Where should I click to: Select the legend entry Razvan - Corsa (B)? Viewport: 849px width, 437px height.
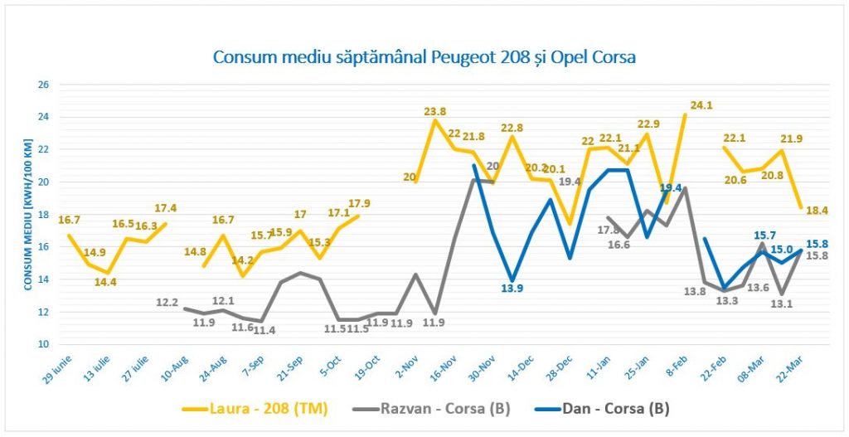[445, 408]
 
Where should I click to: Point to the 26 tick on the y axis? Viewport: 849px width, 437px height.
[44, 85]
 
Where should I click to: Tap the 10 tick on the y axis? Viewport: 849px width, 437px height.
[44, 344]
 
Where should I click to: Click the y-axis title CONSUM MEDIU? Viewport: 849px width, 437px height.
[27, 214]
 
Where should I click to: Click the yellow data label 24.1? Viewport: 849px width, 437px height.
[702, 105]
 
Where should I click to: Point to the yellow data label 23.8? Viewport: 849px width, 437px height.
[434, 111]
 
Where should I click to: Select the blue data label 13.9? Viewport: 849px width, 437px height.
[512, 289]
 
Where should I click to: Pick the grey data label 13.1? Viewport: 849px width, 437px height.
[782, 303]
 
